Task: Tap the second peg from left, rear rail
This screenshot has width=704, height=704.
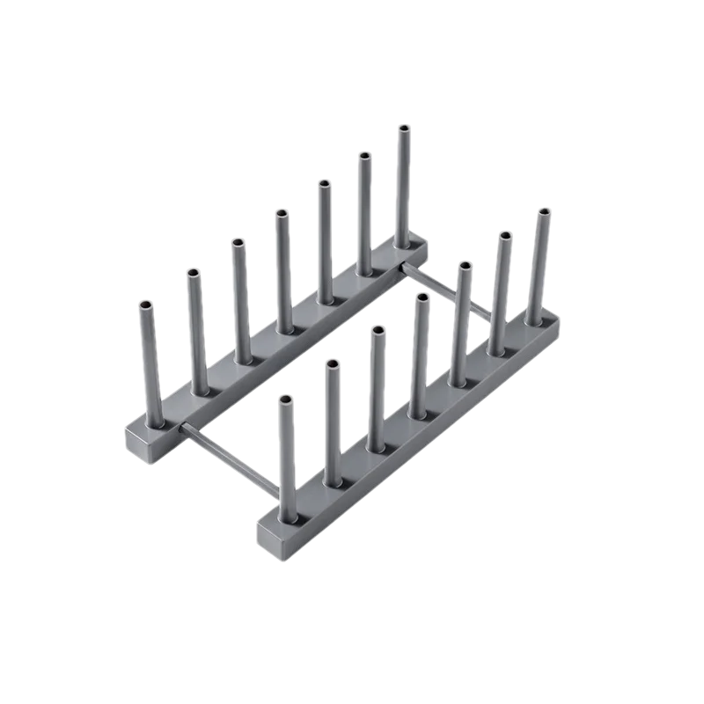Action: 194,330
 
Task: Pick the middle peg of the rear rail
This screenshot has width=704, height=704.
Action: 282,268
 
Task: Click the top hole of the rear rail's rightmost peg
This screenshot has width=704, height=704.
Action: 404,128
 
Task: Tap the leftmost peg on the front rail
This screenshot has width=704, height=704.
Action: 285,458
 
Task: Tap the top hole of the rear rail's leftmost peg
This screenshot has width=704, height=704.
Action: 145,304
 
